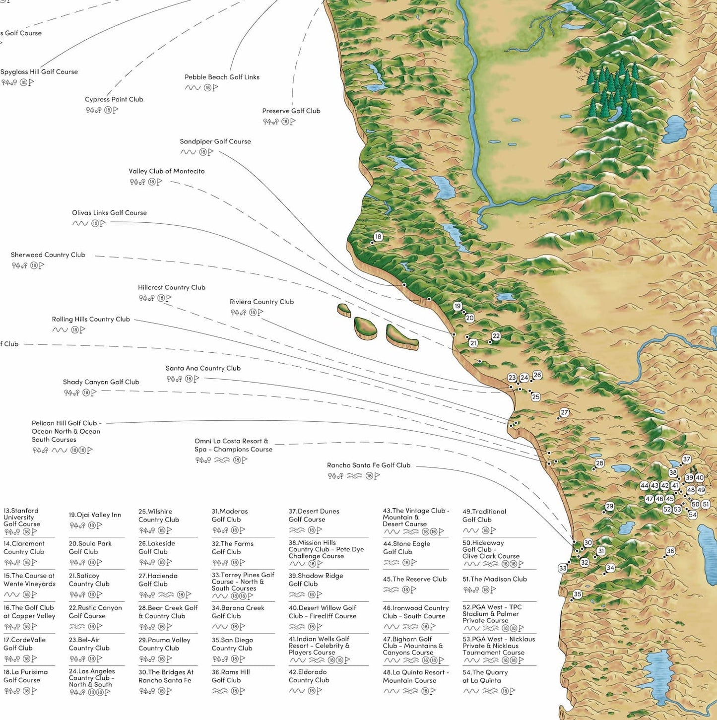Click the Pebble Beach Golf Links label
pos(222,77)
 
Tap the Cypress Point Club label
pos(114,99)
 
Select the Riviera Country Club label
pos(261,302)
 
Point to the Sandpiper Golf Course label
pos(215,141)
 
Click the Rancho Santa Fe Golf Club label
pos(368,465)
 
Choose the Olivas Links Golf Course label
pos(109,213)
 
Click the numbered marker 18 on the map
pos(378,237)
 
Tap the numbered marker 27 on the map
pos(564,412)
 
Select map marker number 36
pos(670,551)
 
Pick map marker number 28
pos(599,463)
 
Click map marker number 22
pos(496,336)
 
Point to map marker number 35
pos(577,594)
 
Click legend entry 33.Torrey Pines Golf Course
pos(243,581)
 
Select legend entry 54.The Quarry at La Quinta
pos(485,676)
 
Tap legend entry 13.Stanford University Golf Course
pos(22,517)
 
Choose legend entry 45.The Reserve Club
pos(414,579)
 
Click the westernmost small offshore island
pos(344,311)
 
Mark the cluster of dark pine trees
pos(613,92)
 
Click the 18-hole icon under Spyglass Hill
pos(23,82)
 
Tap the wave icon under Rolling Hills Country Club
pos(60,330)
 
